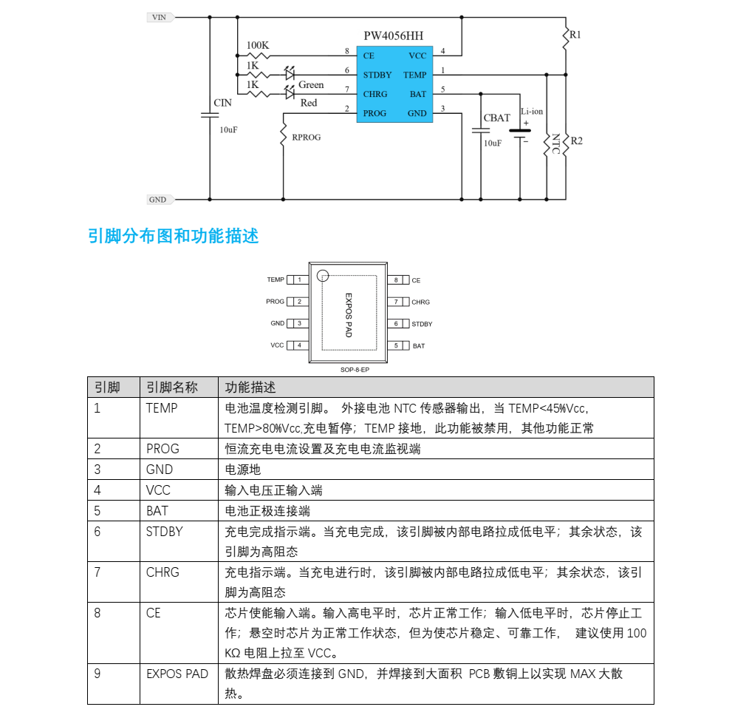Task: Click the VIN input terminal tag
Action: (x=160, y=17)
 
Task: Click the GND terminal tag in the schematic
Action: (x=160, y=200)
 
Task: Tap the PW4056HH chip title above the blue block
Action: (x=394, y=36)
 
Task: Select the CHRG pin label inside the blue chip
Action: (x=375, y=94)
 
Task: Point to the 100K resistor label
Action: (x=258, y=45)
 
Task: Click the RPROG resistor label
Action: (x=307, y=137)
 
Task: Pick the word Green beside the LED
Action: (x=311, y=84)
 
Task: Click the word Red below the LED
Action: (x=309, y=103)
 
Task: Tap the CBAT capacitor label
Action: (x=496, y=118)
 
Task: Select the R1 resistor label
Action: (x=575, y=35)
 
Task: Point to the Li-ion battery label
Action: (x=532, y=111)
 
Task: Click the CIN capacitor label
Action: (x=222, y=103)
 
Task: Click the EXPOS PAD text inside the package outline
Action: (x=348, y=315)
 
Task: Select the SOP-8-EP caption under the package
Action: (x=355, y=370)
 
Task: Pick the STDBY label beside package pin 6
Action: (x=422, y=324)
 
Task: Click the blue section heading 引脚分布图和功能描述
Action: (x=173, y=236)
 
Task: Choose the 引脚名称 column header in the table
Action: (x=172, y=387)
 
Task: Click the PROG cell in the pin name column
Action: (x=163, y=449)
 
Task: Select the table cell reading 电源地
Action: (x=243, y=470)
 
